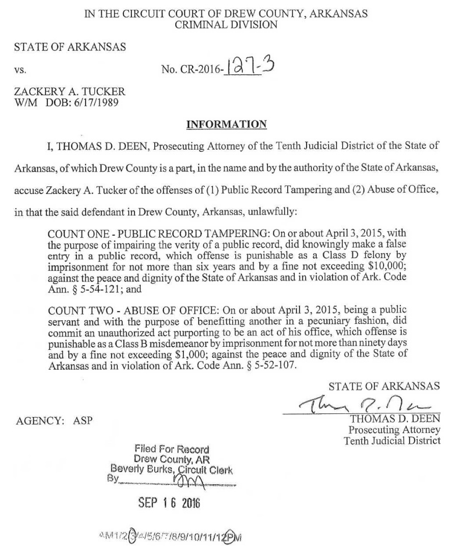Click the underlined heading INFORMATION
[226, 124]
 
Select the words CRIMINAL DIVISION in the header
[226, 25]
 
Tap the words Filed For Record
[172, 450]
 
